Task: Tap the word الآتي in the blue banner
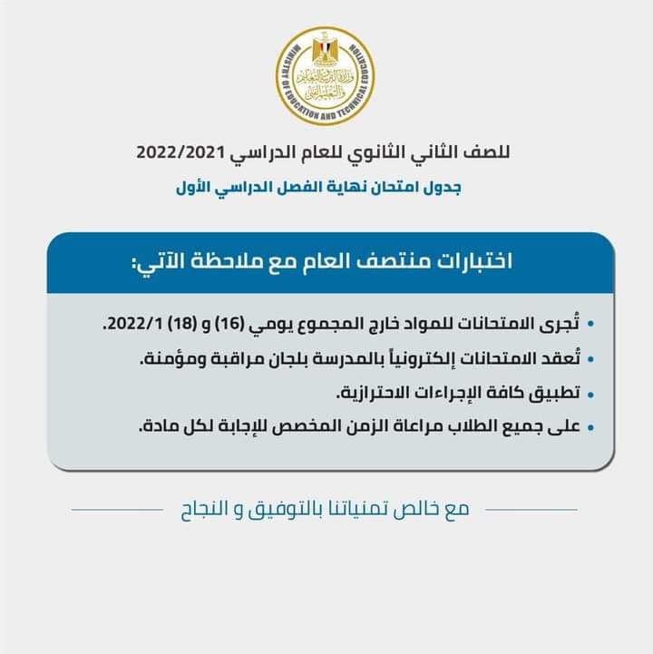tap(159, 262)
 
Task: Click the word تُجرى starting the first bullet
tap(557, 322)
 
